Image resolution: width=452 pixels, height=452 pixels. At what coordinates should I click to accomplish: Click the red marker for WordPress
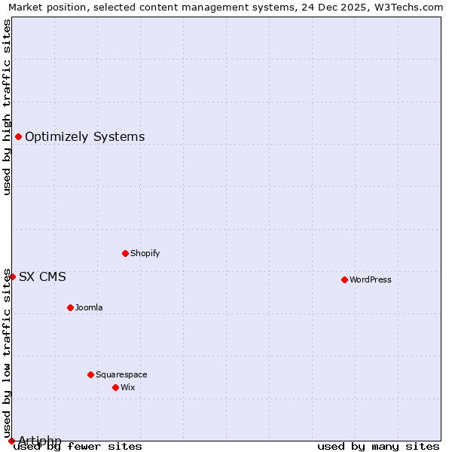(x=344, y=279)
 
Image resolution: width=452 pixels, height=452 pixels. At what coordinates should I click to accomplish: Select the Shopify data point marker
(x=125, y=253)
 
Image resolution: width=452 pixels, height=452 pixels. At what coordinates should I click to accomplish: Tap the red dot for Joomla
(x=70, y=307)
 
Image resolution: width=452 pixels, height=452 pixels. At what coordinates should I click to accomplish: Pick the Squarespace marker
(x=90, y=374)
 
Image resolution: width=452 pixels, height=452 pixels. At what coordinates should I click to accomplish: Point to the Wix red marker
(x=115, y=387)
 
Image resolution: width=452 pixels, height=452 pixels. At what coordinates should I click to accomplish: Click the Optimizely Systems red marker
(x=18, y=136)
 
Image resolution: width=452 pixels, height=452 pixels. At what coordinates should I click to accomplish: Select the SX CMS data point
(x=12, y=276)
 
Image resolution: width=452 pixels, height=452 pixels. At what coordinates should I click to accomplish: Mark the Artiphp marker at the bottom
(x=11, y=441)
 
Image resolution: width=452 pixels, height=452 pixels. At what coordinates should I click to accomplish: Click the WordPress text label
(x=371, y=279)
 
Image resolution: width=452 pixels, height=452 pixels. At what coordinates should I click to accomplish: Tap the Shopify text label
(x=145, y=253)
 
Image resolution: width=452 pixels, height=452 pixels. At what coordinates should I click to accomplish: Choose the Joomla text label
(x=89, y=307)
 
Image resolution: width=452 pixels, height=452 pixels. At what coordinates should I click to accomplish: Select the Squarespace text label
(x=121, y=374)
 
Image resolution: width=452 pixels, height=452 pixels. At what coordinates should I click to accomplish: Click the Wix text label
(x=128, y=387)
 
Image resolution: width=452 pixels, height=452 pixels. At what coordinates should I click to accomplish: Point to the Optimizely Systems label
(x=85, y=136)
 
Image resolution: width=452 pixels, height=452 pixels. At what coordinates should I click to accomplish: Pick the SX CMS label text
(x=42, y=276)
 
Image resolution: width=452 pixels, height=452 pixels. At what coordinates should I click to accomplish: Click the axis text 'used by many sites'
(x=378, y=446)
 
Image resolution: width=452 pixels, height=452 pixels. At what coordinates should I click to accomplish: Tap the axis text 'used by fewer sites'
(x=78, y=446)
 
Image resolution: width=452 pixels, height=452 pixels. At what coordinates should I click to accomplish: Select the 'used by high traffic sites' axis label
(x=7, y=107)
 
